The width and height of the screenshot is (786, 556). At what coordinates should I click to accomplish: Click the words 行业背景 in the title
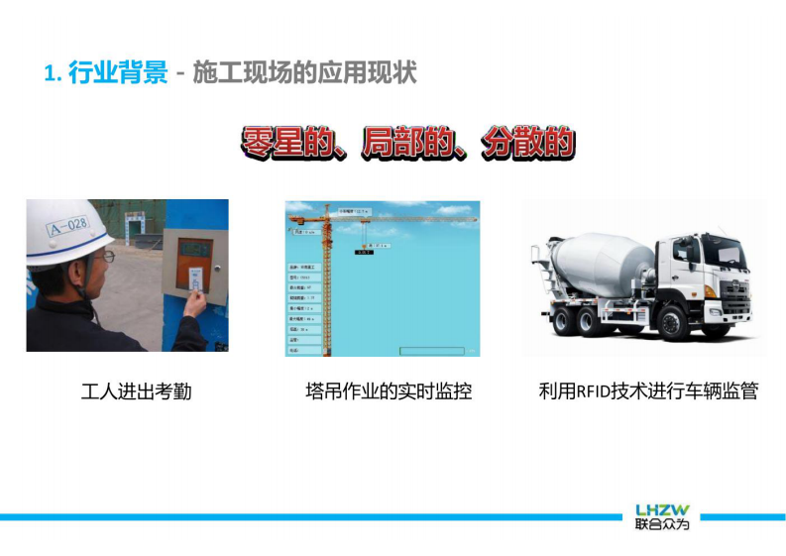118,72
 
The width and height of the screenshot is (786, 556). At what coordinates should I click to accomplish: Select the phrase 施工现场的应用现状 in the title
305,72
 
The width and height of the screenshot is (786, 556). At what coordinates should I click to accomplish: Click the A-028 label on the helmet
67,226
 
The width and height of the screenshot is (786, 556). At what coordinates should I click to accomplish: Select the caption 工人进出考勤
136,391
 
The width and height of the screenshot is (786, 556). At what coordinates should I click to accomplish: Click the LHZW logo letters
662,509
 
